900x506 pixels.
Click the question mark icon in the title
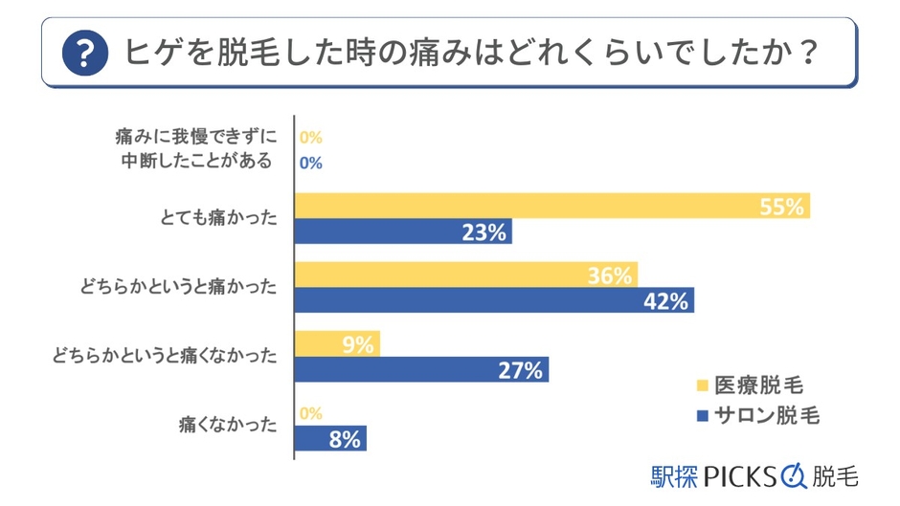coord(84,53)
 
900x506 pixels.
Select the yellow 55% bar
coord(551,206)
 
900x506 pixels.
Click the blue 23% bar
coord(402,231)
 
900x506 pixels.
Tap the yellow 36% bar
coord(465,275)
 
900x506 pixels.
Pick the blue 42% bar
coord(494,300)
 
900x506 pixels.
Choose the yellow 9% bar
coord(337,343)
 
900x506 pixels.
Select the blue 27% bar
coord(421,369)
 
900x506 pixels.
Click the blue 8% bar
coord(330,439)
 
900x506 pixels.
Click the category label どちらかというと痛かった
coord(180,287)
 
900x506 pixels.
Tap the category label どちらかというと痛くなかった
coord(165,356)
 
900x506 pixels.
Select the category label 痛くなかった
coord(227,424)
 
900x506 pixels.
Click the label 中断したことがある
coord(198,161)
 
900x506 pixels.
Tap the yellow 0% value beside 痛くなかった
coord(310,413)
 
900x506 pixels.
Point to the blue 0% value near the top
coord(310,163)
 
